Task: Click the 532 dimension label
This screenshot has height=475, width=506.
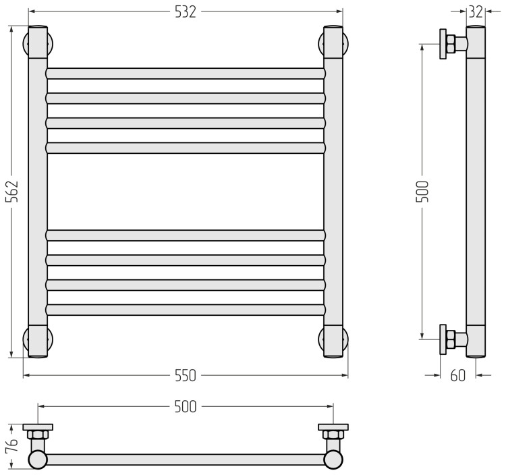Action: [x=186, y=12]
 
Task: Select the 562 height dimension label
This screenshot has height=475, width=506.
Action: [x=12, y=192]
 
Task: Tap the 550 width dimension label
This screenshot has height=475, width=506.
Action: [x=186, y=376]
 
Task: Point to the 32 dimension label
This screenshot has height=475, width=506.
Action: [x=476, y=12]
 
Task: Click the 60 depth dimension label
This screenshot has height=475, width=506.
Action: [x=458, y=376]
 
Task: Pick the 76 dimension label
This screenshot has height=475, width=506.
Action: [x=12, y=445]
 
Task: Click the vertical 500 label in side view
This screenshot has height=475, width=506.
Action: [x=422, y=192]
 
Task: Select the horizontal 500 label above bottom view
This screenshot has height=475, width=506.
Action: [x=186, y=407]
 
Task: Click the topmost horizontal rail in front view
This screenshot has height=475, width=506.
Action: [x=186, y=74]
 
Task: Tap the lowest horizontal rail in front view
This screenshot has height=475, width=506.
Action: [x=186, y=310]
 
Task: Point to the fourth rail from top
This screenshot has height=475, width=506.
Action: [x=186, y=148]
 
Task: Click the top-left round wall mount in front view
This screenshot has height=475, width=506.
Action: [x=38, y=44]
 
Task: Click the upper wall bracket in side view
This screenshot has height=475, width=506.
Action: [x=453, y=44]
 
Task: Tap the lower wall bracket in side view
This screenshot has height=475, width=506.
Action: [x=453, y=339]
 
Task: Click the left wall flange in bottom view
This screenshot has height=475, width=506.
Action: [x=38, y=427]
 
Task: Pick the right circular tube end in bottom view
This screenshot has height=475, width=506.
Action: [x=333, y=459]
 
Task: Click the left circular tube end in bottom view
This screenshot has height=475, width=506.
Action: [x=38, y=459]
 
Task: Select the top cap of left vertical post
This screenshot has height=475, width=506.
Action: [x=38, y=42]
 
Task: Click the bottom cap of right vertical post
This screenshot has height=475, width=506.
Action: [x=333, y=341]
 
